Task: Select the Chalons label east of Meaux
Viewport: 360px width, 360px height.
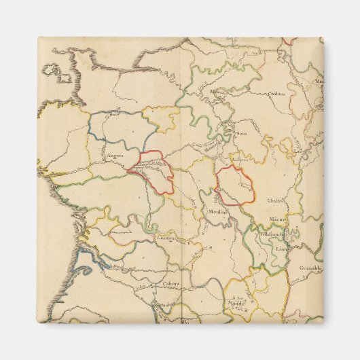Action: click(276, 94)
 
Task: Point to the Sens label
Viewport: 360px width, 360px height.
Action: click(240, 134)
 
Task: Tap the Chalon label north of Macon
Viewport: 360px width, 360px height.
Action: click(276, 200)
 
